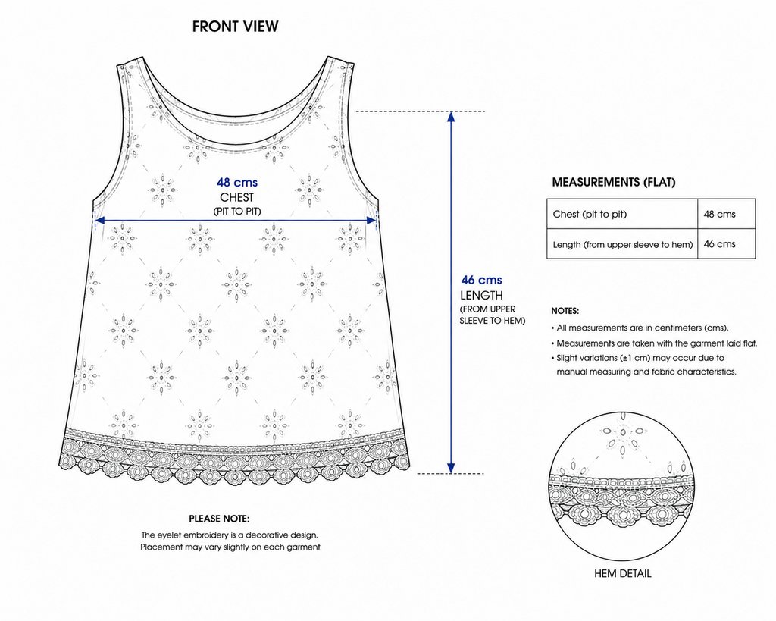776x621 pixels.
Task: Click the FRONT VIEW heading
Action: click(235, 27)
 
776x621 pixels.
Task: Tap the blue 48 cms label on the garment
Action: click(237, 183)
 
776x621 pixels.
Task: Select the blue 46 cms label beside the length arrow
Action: click(481, 281)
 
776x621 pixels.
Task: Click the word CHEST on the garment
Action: click(237, 197)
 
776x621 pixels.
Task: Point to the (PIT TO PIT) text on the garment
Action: click(237, 212)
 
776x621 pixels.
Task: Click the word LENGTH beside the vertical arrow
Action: click(481, 295)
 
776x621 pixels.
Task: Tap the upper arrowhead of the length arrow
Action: click(451, 116)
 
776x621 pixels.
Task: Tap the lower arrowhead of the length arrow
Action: click(451, 469)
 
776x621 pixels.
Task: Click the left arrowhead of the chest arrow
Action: click(99, 221)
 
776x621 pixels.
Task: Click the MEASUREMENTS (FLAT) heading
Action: click(614, 182)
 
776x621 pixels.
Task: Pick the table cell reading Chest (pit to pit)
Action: click(622, 214)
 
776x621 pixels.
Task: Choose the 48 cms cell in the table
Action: click(727, 214)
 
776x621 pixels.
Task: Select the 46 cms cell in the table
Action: click(727, 243)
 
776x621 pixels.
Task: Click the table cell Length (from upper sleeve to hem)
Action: click(622, 243)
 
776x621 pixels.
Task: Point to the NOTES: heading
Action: click(565, 311)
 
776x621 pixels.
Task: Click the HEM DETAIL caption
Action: click(623, 573)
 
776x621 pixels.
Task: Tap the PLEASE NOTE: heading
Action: click(219, 519)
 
